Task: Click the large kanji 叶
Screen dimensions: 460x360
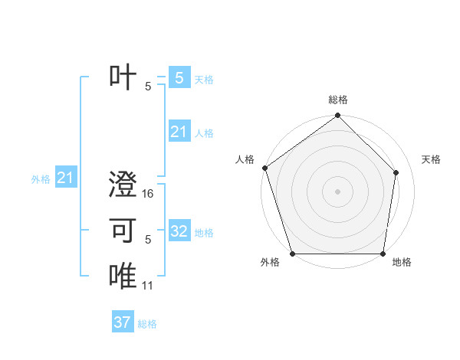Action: [x=123, y=77]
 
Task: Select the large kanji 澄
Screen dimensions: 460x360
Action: [x=123, y=186]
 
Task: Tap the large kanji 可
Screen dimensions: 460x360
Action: [x=123, y=231]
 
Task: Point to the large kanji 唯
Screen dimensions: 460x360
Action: [x=123, y=277]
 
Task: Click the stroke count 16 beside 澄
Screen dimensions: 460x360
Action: [x=148, y=194]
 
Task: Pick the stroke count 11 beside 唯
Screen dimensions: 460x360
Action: [x=148, y=285]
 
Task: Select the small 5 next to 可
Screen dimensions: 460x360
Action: [x=148, y=239]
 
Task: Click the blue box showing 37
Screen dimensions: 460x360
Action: [x=123, y=322]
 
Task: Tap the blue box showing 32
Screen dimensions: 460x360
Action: [x=179, y=231]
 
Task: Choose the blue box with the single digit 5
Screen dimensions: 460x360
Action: [x=179, y=77]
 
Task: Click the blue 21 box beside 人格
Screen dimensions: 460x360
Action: [x=179, y=132]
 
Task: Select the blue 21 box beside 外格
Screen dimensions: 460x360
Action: [x=66, y=178]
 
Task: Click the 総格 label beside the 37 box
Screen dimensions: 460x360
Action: [x=147, y=324]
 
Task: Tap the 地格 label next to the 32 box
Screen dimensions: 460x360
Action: [x=204, y=233]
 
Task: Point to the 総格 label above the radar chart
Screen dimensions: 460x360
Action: [x=338, y=100]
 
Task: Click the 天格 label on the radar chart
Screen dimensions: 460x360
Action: [x=432, y=159]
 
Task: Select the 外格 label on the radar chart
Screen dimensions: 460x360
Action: [x=270, y=262]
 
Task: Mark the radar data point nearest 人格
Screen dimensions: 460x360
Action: [x=264, y=168]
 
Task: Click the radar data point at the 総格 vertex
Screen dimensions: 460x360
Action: [x=337, y=116]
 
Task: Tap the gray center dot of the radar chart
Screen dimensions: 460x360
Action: [x=337, y=191]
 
